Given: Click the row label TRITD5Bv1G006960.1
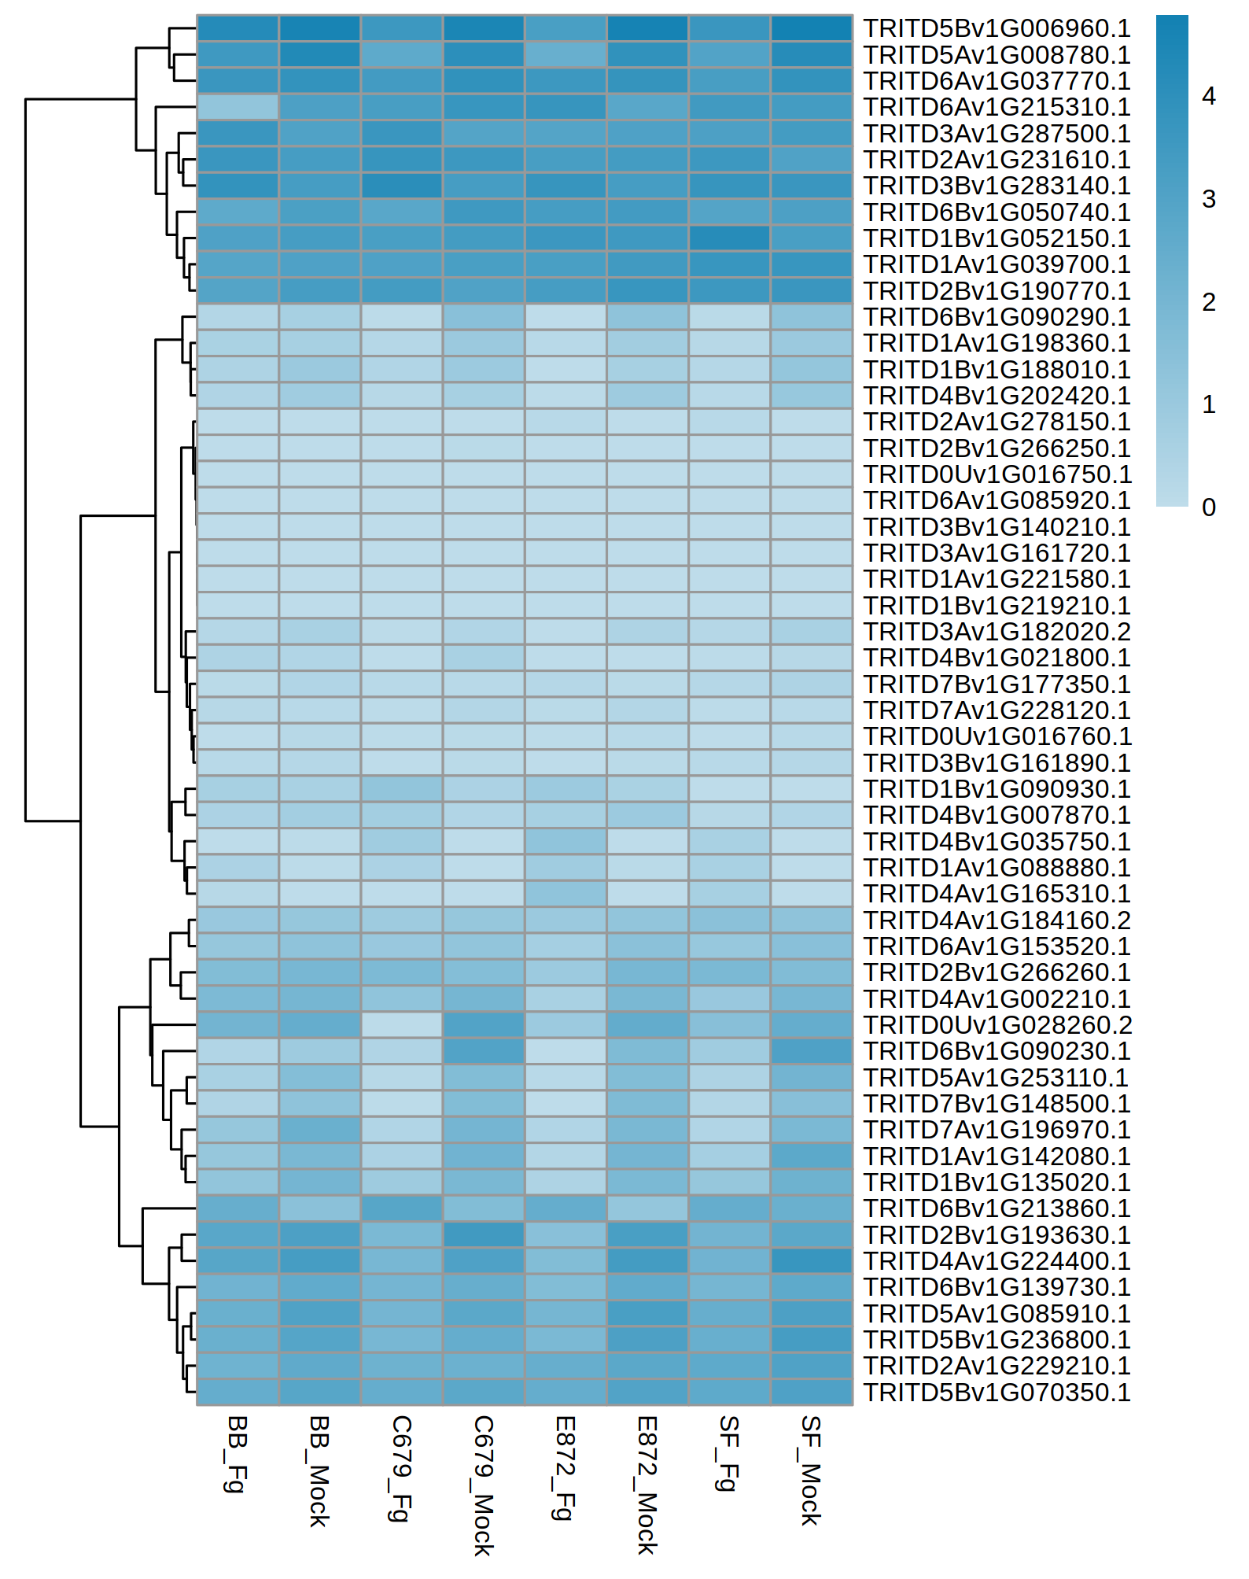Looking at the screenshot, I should (997, 28).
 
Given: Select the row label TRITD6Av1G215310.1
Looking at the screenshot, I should (997, 107).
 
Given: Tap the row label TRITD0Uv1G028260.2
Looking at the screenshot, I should (997, 1025).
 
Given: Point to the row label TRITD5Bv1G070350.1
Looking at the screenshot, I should (997, 1393).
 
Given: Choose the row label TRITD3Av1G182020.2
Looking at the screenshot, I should (997, 632).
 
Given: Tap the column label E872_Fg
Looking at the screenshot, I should (565, 1467).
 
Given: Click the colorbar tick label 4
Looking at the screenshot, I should (1209, 96).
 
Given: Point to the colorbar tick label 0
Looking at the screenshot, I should (1209, 507).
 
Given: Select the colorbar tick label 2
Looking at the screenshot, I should (1209, 301).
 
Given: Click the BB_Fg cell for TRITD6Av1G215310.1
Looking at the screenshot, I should (238, 107).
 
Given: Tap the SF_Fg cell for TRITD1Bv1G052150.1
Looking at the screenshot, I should (729, 238).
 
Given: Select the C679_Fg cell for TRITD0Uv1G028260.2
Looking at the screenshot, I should (401, 1025).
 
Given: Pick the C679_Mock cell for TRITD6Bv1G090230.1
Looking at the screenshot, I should (483, 1051).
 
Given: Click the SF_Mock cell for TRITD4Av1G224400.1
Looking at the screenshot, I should (811, 1261).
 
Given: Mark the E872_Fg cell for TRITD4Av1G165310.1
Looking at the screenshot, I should (565, 894).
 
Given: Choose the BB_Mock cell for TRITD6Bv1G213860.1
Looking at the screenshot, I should (319, 1208).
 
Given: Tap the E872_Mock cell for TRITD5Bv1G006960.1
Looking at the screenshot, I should (647, 28).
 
